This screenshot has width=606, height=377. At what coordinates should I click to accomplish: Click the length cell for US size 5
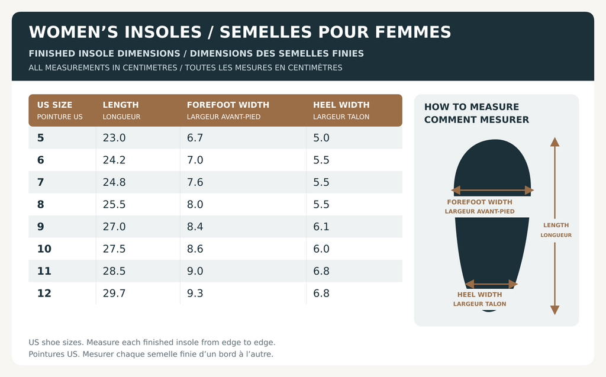(x=114, y=138)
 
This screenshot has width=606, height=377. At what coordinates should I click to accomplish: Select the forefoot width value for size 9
(x=195, y=227)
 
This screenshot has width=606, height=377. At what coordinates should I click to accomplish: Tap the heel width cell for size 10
(x=321, y=249)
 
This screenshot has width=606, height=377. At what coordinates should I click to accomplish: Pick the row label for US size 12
(x=44, y=293)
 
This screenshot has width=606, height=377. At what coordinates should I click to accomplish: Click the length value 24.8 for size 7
(x=114, y=182)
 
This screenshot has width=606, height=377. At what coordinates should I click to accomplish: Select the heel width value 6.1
(x=321, y=227)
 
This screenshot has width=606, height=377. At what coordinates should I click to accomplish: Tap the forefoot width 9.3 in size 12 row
(x=195, y=293)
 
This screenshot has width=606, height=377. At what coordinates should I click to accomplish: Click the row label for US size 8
(x=41, y=205)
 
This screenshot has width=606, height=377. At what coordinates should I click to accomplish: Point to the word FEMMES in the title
(x=413, y=32)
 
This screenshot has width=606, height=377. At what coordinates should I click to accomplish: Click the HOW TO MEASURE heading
(x=472, y=107)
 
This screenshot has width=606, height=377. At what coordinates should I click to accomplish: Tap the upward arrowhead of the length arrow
(x=555, y=141)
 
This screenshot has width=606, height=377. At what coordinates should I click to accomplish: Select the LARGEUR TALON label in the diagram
(x=479, y=304)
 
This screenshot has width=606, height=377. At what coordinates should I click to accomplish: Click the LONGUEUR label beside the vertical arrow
(x=556, y=235)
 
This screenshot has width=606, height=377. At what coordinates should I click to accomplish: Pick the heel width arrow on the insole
(x=491, y=284)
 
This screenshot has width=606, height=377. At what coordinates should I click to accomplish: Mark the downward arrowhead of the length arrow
(x=555, y=310)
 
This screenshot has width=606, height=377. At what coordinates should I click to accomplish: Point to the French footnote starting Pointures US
(x=151, y=354)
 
